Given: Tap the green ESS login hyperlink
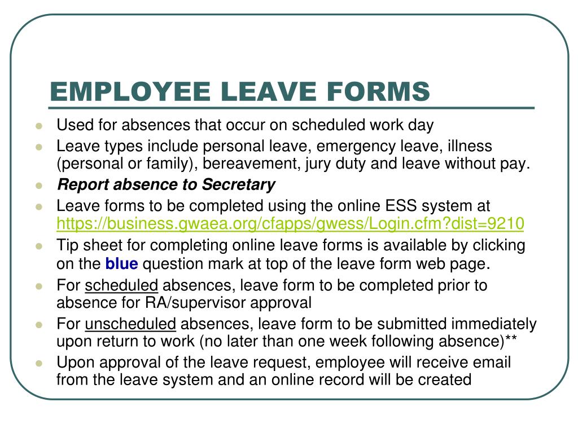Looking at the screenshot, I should [x=290, y=224].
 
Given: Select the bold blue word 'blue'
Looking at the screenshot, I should [x=121, y=263].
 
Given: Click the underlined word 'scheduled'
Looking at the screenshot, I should [x=121, y=285].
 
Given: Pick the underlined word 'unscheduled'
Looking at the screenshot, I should [x=131, y=324].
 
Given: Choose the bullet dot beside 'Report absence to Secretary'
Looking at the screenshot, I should [x=39, y=185].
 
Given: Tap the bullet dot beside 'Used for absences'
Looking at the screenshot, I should [x=39, y=125].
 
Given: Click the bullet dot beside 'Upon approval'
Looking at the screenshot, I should [x=39, y=363].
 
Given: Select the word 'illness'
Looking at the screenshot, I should [x=470, y=147].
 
